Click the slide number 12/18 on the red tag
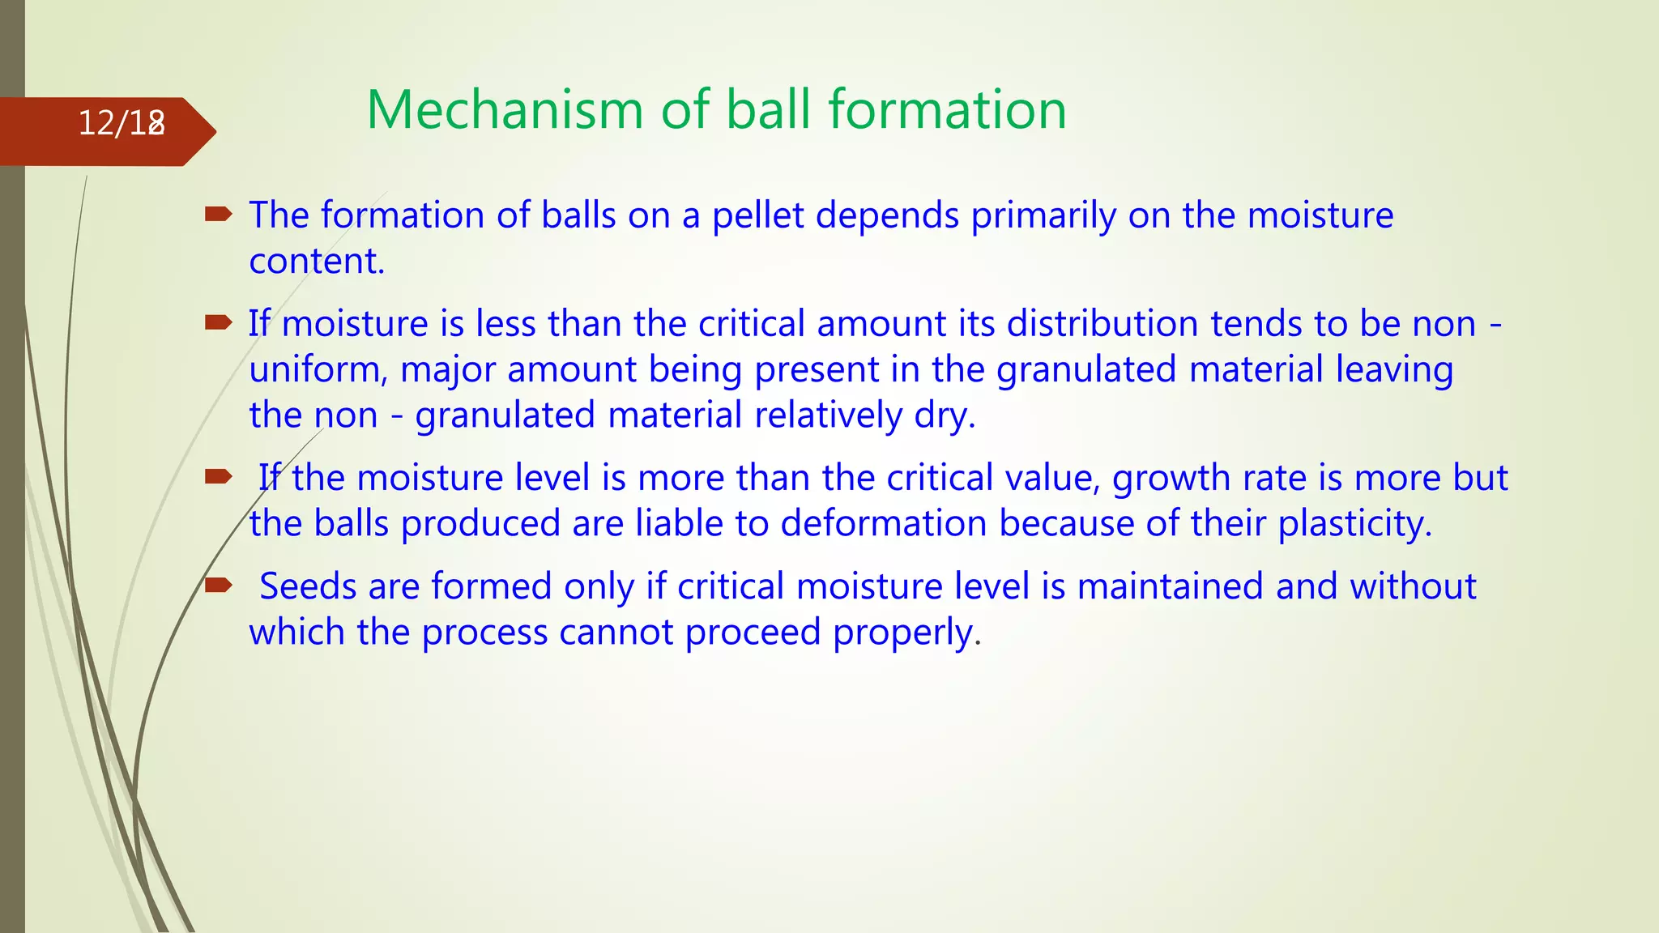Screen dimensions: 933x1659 pos(122,123)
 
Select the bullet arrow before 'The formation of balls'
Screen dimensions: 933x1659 pos(218,215)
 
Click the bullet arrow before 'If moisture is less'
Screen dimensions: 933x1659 pos(218,323)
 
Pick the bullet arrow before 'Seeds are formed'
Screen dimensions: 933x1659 pos(218,586)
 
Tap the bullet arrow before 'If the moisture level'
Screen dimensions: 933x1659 pos(218,477)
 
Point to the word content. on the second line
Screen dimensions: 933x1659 pos(317,261)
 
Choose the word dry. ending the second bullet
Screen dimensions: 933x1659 pos(945,415)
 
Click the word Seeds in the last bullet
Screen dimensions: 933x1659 pos(308,586)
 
